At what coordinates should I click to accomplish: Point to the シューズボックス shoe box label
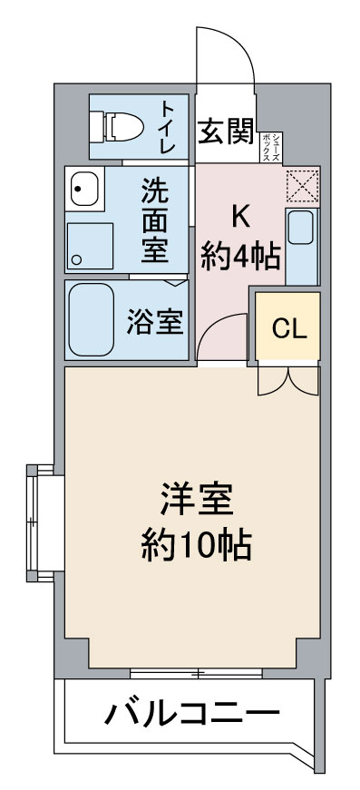(271, 146)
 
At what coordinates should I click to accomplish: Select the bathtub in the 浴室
(92, 320)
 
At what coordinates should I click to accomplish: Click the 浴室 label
(154, 321)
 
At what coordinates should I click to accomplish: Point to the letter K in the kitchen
(239, 217)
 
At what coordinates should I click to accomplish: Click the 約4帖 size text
(239, 257)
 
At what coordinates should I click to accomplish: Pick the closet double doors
(288, 381)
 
